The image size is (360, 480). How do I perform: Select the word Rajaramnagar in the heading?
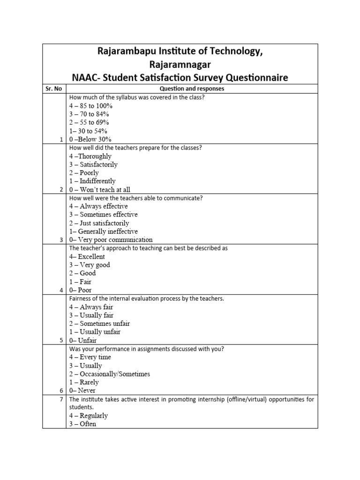click(180, 64)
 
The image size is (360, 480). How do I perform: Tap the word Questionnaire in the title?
click(251, 77)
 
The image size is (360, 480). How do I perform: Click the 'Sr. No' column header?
click(54, 89)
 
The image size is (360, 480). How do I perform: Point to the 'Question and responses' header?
click(192, 89)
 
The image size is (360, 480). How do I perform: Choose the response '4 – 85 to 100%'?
click(91, 106)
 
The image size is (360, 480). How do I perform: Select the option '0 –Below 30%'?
click(90, 140)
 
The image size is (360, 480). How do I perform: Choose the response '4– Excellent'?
click(87, 257)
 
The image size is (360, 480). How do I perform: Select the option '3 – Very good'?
click(89, 265)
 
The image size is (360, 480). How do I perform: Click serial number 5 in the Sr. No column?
click(61, 340)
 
